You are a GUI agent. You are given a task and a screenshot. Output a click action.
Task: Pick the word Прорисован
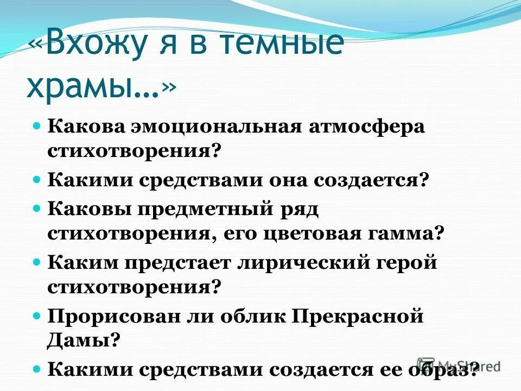[111, 316]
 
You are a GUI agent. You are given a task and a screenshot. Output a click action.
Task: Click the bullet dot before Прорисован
[37, 314]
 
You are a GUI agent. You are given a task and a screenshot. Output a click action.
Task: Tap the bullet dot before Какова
[37, 125]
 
